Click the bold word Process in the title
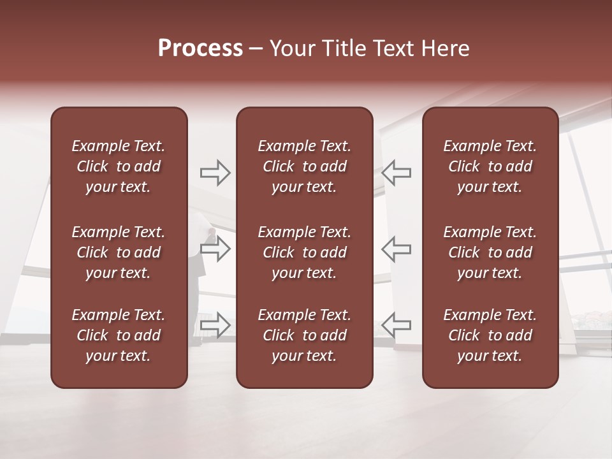[200, 48]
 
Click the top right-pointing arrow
[215, 172]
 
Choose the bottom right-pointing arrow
[215, 325]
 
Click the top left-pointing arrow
[397, 172]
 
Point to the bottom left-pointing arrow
[397, 325]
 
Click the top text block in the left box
[119, 166]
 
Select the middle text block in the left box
[119, 252]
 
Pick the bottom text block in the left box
[119, 335]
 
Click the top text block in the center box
[305, 166]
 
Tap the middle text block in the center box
[305, 252]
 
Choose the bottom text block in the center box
[305, 335]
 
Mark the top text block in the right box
[490, 166]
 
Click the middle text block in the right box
[490, 252]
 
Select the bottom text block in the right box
[490, 335]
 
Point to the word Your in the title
[291, 48]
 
